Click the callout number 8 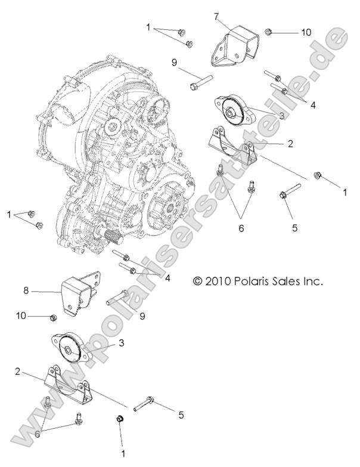click(x=26, y=292)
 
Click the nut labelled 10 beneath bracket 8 click(x=52, y=317)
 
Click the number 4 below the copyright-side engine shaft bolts click(x=168, y=278)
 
